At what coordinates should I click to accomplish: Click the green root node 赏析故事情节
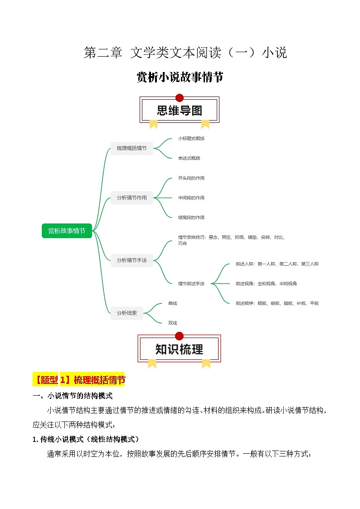pos(67,231)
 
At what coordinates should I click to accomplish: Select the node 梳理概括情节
pos(131,148)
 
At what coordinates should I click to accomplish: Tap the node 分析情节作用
pos(131,198)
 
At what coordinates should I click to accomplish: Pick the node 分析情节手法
pos(131,260)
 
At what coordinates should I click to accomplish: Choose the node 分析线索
pos(126,313)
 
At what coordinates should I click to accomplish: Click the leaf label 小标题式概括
pos(191,138)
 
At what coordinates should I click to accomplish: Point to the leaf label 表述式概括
pos(189,158)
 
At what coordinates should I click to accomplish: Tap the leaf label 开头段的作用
pos(191,178)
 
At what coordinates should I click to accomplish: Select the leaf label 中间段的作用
pos(191,198)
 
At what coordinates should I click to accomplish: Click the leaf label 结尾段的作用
pos(191,218)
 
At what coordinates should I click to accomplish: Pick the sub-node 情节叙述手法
pos(191,284)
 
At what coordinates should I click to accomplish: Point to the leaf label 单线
pos(172,303)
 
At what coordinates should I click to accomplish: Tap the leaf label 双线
pos(172,323)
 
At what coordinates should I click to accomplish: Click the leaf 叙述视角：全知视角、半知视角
pos(266,284)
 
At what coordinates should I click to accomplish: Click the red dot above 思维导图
pos(179,97)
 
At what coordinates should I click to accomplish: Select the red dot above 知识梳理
pos(179,336)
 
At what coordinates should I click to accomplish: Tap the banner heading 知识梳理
pos(179,349)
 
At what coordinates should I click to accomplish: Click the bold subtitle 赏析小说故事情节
pos(180,78)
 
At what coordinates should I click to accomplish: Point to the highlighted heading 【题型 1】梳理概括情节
pos(79,380)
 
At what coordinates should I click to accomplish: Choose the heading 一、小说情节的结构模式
pos(73,396)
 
